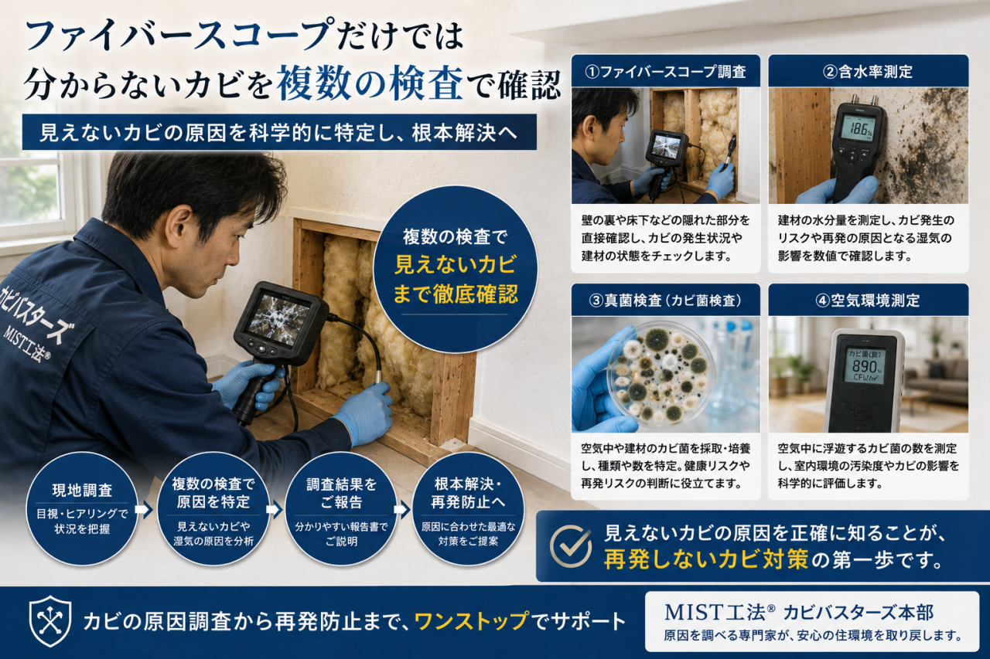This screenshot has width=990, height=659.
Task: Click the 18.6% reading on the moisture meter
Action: pyautogui.click(x=856, y=129)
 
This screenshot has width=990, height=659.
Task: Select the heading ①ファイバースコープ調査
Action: pyautogui.click(x=665, y=72)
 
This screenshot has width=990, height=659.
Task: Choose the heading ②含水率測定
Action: pyautogui.click(x=868, y=72)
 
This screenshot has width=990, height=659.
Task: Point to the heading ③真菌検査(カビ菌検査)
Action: pyautogui.click(x=665, y=301)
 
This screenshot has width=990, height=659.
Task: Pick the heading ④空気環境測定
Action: pyautogui.click(x=868, y=301)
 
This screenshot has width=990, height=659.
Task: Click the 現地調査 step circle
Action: pyautogui.click(x=82, y=509)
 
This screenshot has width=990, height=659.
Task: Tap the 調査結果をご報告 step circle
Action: pyautogui.click(x=341, y=509)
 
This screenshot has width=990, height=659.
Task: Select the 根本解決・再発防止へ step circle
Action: pyautogui.click(x=468, y=509)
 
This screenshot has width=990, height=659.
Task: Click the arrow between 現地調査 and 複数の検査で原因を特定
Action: pyautogui.click(x=144, y=510)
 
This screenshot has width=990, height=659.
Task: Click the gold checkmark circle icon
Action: pyautogui.click(x=571, y=546)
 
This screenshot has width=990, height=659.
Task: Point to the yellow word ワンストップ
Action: pyautogui.click(x=472, y=621)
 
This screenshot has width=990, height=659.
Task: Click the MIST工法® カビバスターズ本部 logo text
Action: pyautogui.click(x=799, y=613)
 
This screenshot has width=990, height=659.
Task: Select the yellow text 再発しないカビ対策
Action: pyautogui.click(x=706, y=559)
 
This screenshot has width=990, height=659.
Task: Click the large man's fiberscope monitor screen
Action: pyautogui.click(x=278, y=315)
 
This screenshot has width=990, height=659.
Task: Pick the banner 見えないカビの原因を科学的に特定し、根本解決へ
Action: pyautogui.click(x=279, y=132)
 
